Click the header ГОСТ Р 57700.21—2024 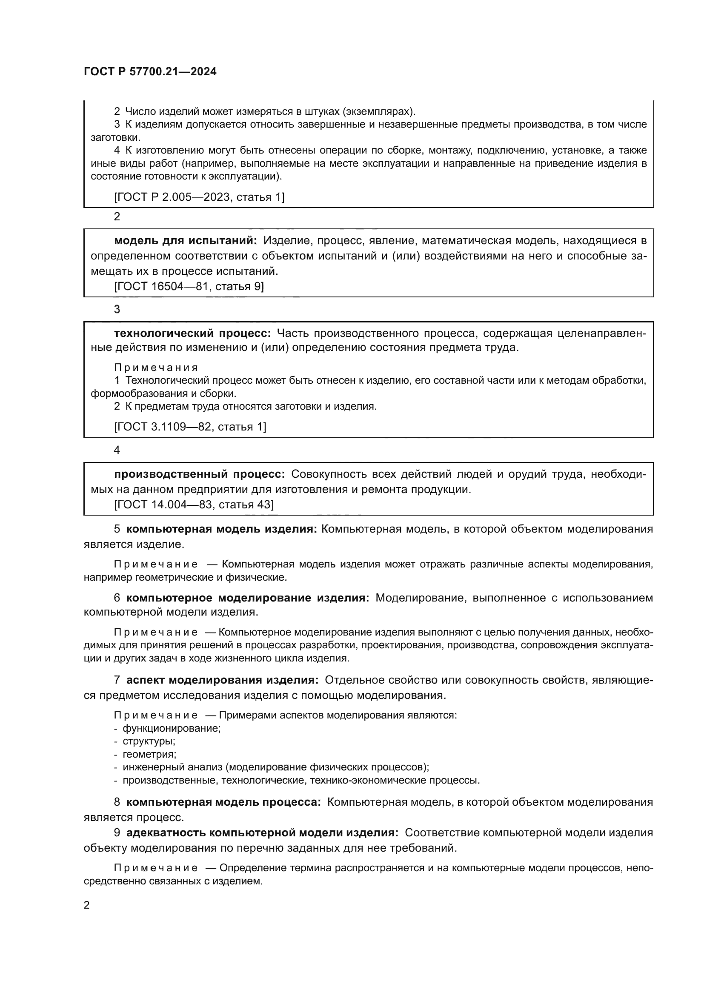(150, 71)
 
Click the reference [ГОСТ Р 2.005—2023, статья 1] (199, 197)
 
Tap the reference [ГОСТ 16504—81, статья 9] (189, 286)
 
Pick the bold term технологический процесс (192, 333)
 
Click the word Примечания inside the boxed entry (156, 368)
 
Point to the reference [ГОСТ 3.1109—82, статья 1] (190, 427)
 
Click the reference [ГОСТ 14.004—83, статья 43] (194, 505)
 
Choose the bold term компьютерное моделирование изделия (248, 598)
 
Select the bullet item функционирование (172, 728)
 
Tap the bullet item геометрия (149, 754)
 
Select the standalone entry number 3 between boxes (117, 309)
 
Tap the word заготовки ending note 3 (115, 138)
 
